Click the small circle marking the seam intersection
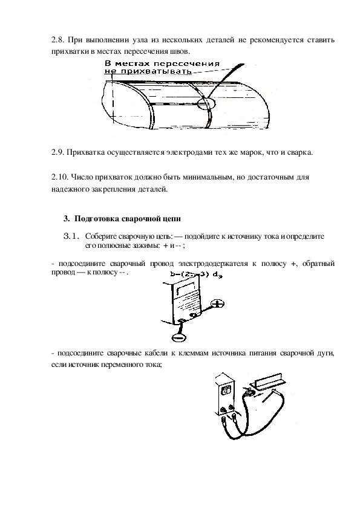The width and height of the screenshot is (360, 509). tap(206, 103)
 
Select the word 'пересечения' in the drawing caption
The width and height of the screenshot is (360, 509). tap(191, 63)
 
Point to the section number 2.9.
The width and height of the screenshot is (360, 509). tap(58, 152)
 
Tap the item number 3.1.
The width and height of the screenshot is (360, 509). tap(71, 236)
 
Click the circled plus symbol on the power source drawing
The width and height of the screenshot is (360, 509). tap(217, 304)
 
